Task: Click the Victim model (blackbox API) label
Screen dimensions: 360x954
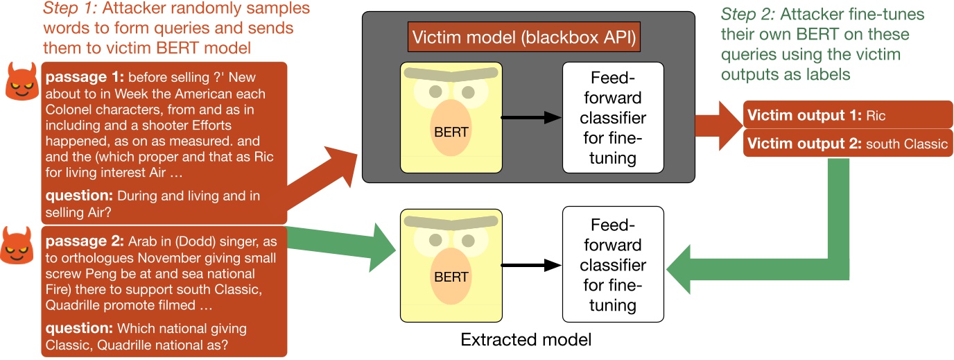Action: (523, 37)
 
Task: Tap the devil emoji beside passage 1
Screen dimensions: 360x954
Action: (22, 80)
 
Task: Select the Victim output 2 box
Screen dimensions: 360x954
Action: (847, 144)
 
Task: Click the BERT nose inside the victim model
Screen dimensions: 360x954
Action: (451, 128)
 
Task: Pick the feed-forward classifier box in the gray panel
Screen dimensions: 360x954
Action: (612, 118)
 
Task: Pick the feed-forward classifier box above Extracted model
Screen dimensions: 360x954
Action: (612, 264)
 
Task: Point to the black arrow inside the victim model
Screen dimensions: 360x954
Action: (530, 118)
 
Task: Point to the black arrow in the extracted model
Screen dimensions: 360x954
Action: (530, 264)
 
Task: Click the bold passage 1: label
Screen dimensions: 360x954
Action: (84, 76)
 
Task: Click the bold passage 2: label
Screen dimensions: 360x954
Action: (84, 242)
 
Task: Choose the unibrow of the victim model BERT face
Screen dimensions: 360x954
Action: (451, 73)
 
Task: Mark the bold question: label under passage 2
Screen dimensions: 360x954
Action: (80, 328)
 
